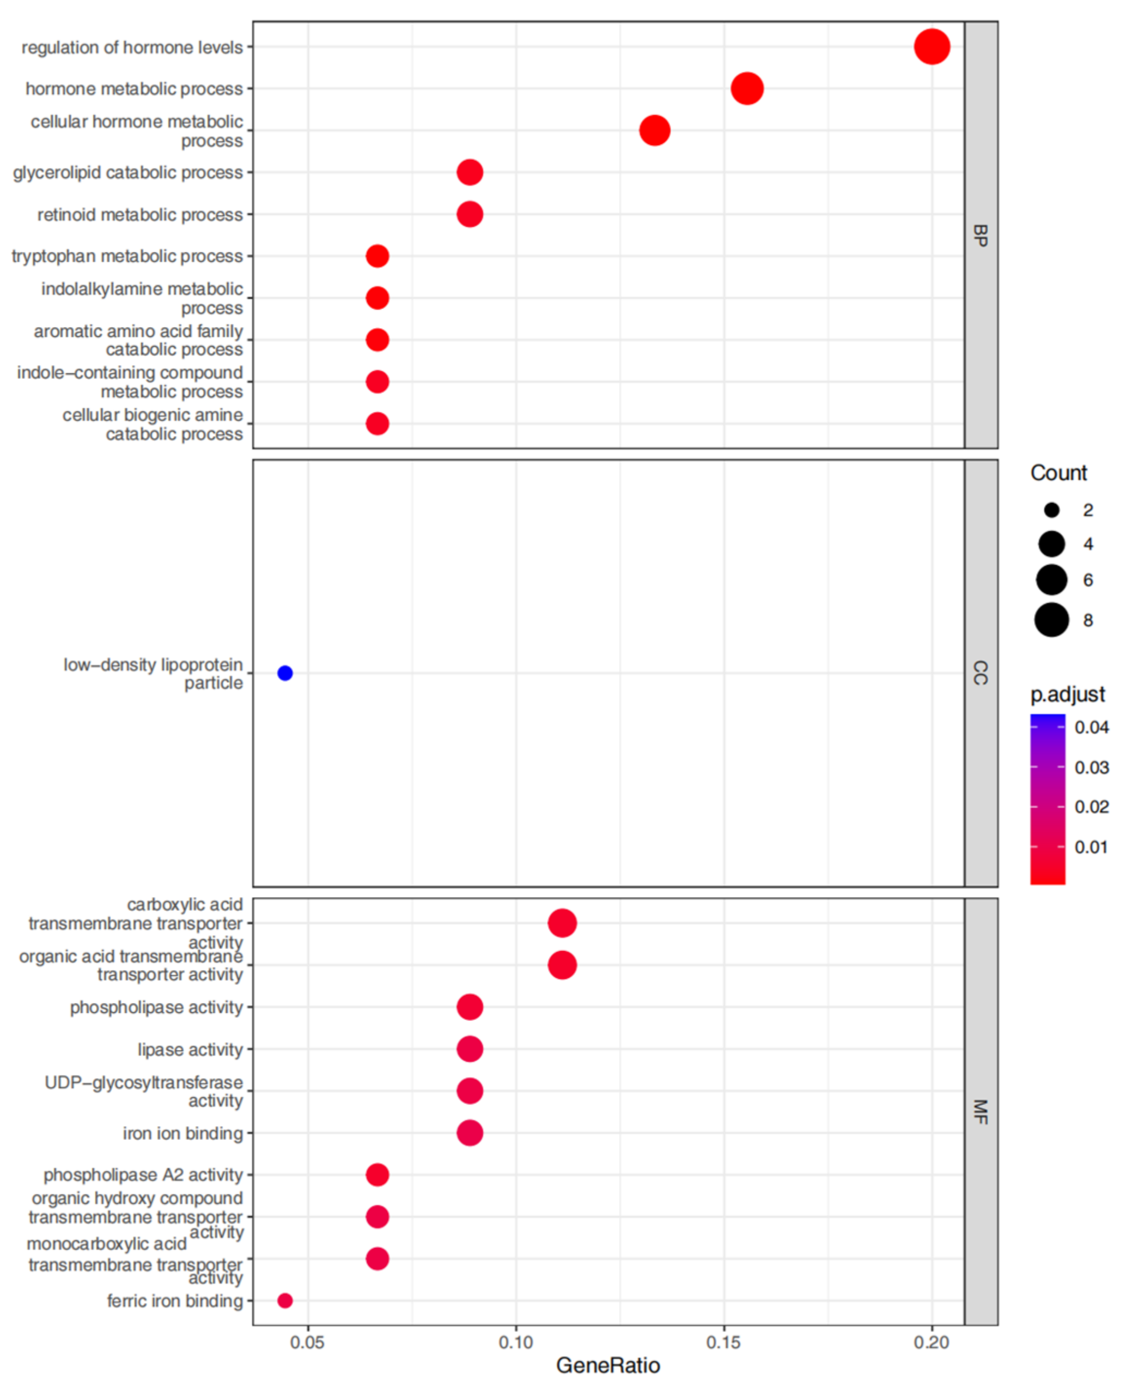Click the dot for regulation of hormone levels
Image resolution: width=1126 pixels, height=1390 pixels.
point(932,47)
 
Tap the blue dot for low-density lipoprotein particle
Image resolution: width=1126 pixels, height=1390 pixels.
point(285,673)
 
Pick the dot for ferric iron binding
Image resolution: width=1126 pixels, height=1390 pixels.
point(285,1301)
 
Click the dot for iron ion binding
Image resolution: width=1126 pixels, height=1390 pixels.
point(470,1133)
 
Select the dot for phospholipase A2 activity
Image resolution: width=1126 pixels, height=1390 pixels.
point(378,1175)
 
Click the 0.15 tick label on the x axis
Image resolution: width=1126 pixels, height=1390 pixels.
point(724,1343)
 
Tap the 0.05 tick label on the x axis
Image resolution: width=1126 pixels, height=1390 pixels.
point(307,1343)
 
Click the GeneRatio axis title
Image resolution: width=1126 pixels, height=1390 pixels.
point(608,1365)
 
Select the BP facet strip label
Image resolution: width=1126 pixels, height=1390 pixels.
point(980,235)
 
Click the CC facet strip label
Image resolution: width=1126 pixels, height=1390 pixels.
point(980,673)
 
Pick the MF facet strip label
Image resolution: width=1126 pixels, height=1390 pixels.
point(980,1111)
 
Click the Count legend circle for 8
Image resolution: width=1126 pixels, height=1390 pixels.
point(1051,620)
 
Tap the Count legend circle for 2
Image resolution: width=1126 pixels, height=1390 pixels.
point(1051,510)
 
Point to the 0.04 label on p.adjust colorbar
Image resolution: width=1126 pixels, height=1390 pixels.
point(1091,727)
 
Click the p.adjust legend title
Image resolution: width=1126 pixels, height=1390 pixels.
point(1067,694)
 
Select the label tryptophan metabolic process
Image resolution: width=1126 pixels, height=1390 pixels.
point(127,256)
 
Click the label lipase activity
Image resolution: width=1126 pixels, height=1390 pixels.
point(190,1049)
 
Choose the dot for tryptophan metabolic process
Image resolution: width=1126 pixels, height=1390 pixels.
point(378,256)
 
